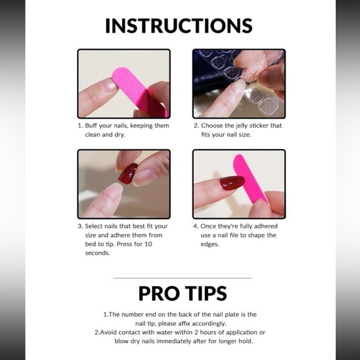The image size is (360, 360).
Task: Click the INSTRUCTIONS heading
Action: tap(179, 25)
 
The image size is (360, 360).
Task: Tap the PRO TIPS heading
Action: tap(182, 293)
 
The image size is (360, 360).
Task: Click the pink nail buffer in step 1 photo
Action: tap(140, 92)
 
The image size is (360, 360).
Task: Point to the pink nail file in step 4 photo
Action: tap(250, 179)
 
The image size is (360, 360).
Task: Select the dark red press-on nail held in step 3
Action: tap(128, 173)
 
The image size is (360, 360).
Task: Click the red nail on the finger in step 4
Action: tap(232, 182)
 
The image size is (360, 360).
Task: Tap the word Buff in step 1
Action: tap(91, 125)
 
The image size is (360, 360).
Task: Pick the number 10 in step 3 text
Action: tap(148, 244)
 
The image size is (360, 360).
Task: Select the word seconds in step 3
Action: tap(97, 253)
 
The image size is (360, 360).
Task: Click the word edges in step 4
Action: tap(210, 245)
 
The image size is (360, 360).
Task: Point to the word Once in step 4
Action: tap(208, 226)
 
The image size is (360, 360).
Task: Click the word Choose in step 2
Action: tap(212, 125)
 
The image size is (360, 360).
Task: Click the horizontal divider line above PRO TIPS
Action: tap(182, 278)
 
